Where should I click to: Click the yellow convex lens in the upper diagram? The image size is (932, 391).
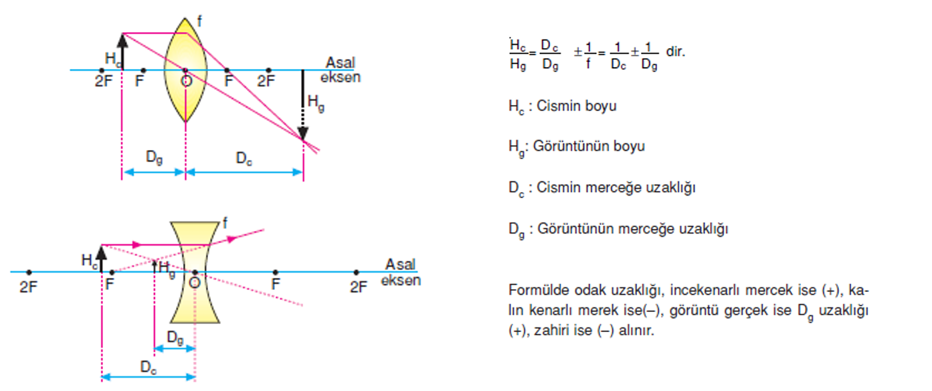click(185, 70)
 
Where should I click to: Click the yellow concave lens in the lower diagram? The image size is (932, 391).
click(195, 272)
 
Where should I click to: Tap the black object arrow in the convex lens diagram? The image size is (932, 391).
click(122, 52)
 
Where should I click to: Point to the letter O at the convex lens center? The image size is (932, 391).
click(187, 80)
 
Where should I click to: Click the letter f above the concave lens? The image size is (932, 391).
click(225, 223)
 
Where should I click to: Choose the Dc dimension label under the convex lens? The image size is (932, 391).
click(244, 159)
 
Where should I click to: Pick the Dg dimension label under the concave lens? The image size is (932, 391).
click(175, 337)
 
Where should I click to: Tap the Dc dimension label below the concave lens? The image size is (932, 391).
click(149, 368)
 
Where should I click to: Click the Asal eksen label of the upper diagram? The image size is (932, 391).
click(341, 70)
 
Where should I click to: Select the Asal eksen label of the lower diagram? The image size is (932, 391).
click(401, 272)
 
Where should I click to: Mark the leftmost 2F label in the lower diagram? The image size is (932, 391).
click(28, 287)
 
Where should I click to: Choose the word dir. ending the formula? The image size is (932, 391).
click(675, 52)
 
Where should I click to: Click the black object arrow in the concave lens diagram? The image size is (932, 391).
click(102, 258)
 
